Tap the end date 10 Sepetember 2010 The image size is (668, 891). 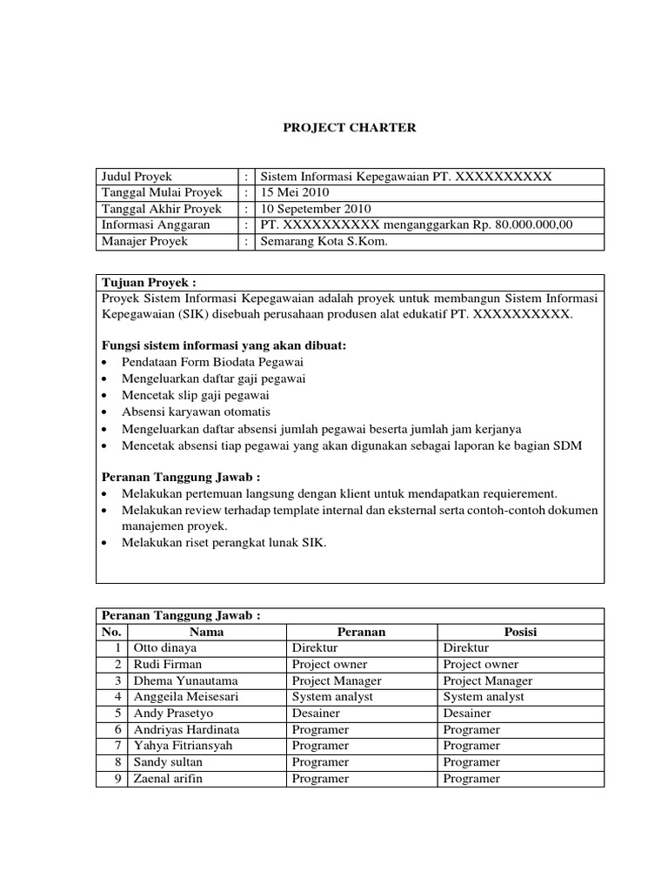pyautogui.click(x=316, y=209)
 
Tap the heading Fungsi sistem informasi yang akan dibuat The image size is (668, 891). pyautogui.click(x=222, y=345)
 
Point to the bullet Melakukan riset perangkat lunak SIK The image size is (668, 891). pyautogui.click(x=224, y=542)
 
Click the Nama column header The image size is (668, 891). pyautogui.click(x=207, y=632)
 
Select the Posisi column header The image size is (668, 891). pyautogui.click(x=520, y=632)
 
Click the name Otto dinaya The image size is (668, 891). pyautogui.click(x=165, y=648)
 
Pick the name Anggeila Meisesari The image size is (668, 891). pyautogui.click(x=184, y=697)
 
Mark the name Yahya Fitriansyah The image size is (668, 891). pyautogui.click(x=183, y=746)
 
